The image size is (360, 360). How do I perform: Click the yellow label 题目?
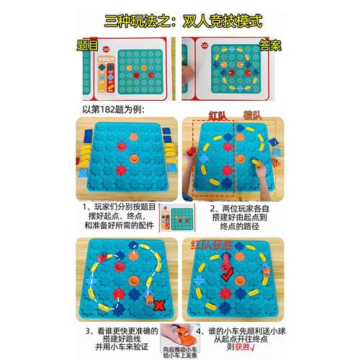point(90,45)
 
